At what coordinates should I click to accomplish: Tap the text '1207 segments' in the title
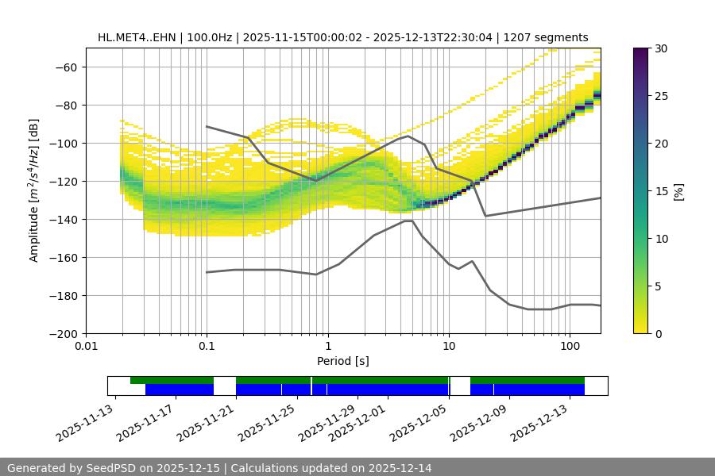[550, 37]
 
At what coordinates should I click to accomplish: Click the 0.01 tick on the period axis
[86, 345]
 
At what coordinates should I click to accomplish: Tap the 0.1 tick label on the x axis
[207, 345]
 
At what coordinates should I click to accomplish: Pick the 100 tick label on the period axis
[570, 345]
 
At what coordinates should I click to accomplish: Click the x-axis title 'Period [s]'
[343, 361]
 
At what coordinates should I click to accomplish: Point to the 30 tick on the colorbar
[661, 48]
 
